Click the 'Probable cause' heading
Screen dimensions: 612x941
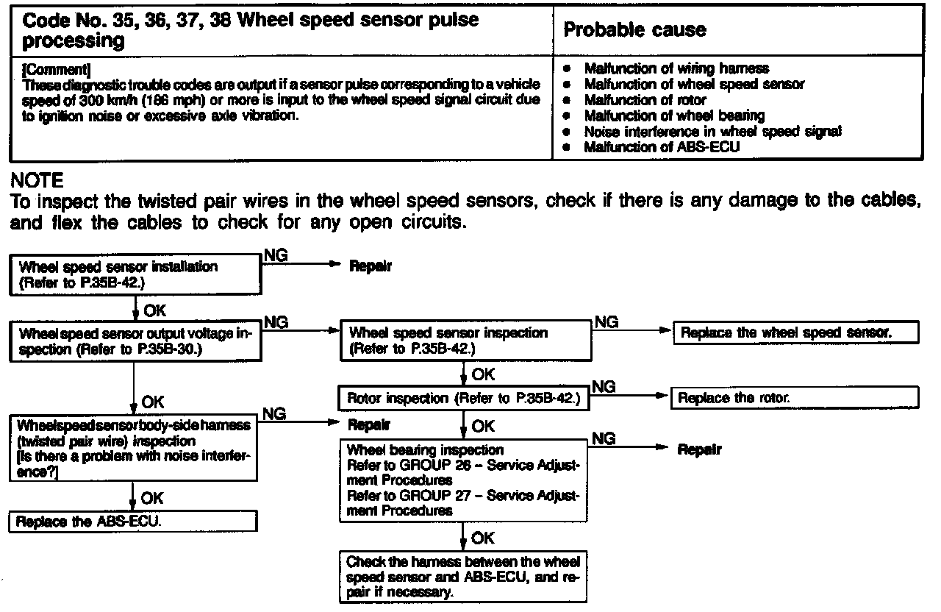point(634,30)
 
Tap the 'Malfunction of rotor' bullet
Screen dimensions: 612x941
point(645,100)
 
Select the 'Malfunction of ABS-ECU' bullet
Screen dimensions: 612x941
point(662,147)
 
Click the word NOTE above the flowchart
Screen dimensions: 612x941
point(37,180)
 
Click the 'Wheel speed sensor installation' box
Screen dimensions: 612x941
point(137,274)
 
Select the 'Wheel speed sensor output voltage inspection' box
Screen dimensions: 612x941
point(137,341)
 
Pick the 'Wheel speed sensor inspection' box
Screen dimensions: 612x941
point(465,341)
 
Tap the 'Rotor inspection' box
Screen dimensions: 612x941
point(465,399)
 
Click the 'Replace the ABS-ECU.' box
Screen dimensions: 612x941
point(132,522)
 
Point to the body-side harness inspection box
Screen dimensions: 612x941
point(134,448)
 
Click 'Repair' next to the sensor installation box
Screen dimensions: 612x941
point(370,266)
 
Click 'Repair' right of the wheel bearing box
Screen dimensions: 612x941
point(699,449)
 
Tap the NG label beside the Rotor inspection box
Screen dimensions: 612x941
point(604,386)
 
